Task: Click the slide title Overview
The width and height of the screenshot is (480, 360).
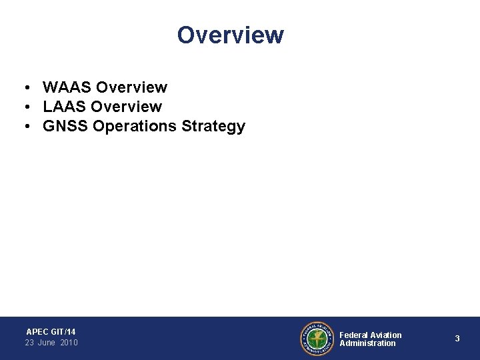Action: (231, 35)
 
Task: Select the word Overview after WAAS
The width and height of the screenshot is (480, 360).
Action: (131, 87)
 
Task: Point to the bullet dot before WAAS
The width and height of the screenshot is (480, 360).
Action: (23, 88)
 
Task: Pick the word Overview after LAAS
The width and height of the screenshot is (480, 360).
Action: (127, 107)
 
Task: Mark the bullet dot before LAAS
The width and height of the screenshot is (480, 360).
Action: (23, 107)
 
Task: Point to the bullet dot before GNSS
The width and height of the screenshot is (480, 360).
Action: (23, 127)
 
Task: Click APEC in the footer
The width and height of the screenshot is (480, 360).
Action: (37, 331)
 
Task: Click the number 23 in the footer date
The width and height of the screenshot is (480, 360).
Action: (30, 343)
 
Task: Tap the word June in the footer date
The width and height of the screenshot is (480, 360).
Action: (47, 343)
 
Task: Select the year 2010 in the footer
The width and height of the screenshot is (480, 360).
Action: (69, 343)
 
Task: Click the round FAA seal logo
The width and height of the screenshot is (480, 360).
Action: (317, 339)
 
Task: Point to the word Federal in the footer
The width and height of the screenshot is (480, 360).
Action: (354, 335)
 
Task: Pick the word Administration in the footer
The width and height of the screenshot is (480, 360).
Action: (367, 343)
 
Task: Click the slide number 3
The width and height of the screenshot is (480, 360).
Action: (457, 339)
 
